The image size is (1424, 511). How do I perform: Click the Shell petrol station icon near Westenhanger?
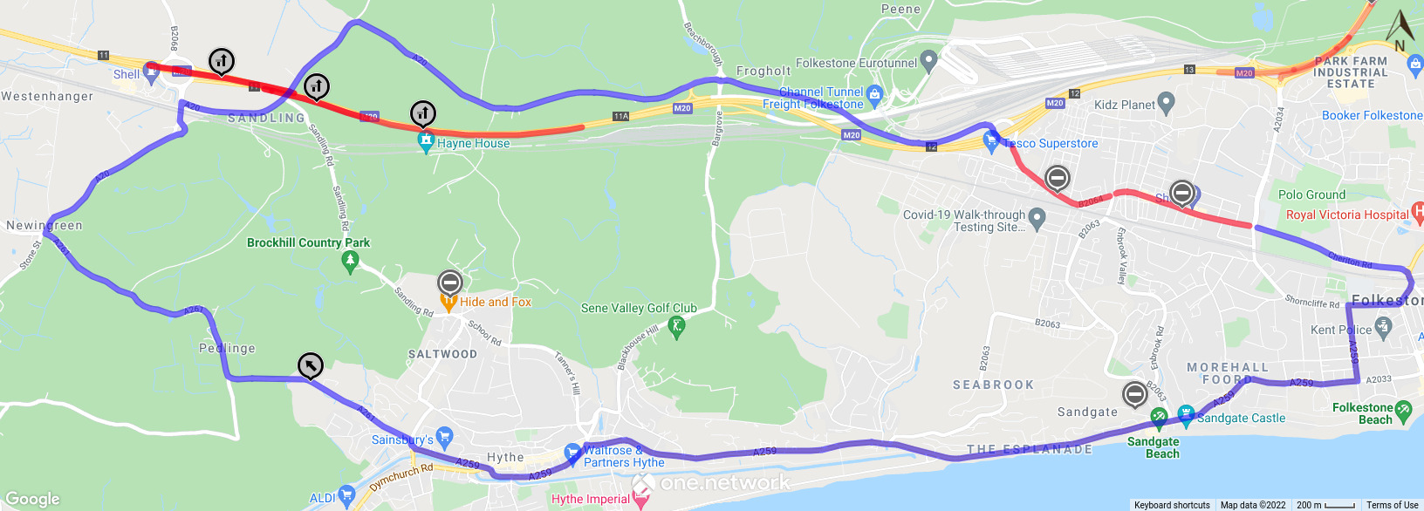[150, 74]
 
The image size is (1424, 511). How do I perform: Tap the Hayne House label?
[473, 144]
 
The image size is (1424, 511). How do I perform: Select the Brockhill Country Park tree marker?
[351, 261]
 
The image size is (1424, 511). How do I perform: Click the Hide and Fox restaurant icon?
[448, 303]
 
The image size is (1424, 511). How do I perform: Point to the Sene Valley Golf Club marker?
[676, 327]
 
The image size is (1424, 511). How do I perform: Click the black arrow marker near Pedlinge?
[311, 365]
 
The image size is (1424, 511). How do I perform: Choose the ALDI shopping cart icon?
[346, 496]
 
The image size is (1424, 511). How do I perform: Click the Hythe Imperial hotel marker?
[641, 499]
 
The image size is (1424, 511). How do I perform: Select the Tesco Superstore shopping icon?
[990, 143]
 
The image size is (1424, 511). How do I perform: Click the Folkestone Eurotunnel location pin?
[928, 61]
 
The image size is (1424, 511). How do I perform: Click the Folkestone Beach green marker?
[1403, 409]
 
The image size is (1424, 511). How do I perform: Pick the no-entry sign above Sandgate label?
[1134, 394]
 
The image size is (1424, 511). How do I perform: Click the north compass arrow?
[1400, 29]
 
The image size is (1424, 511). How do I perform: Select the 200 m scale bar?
[1325, 505]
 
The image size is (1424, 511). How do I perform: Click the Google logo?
[32, 499]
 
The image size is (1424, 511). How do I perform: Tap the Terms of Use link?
[1392, 505]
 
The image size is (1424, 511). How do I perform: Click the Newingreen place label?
[44, 225]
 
